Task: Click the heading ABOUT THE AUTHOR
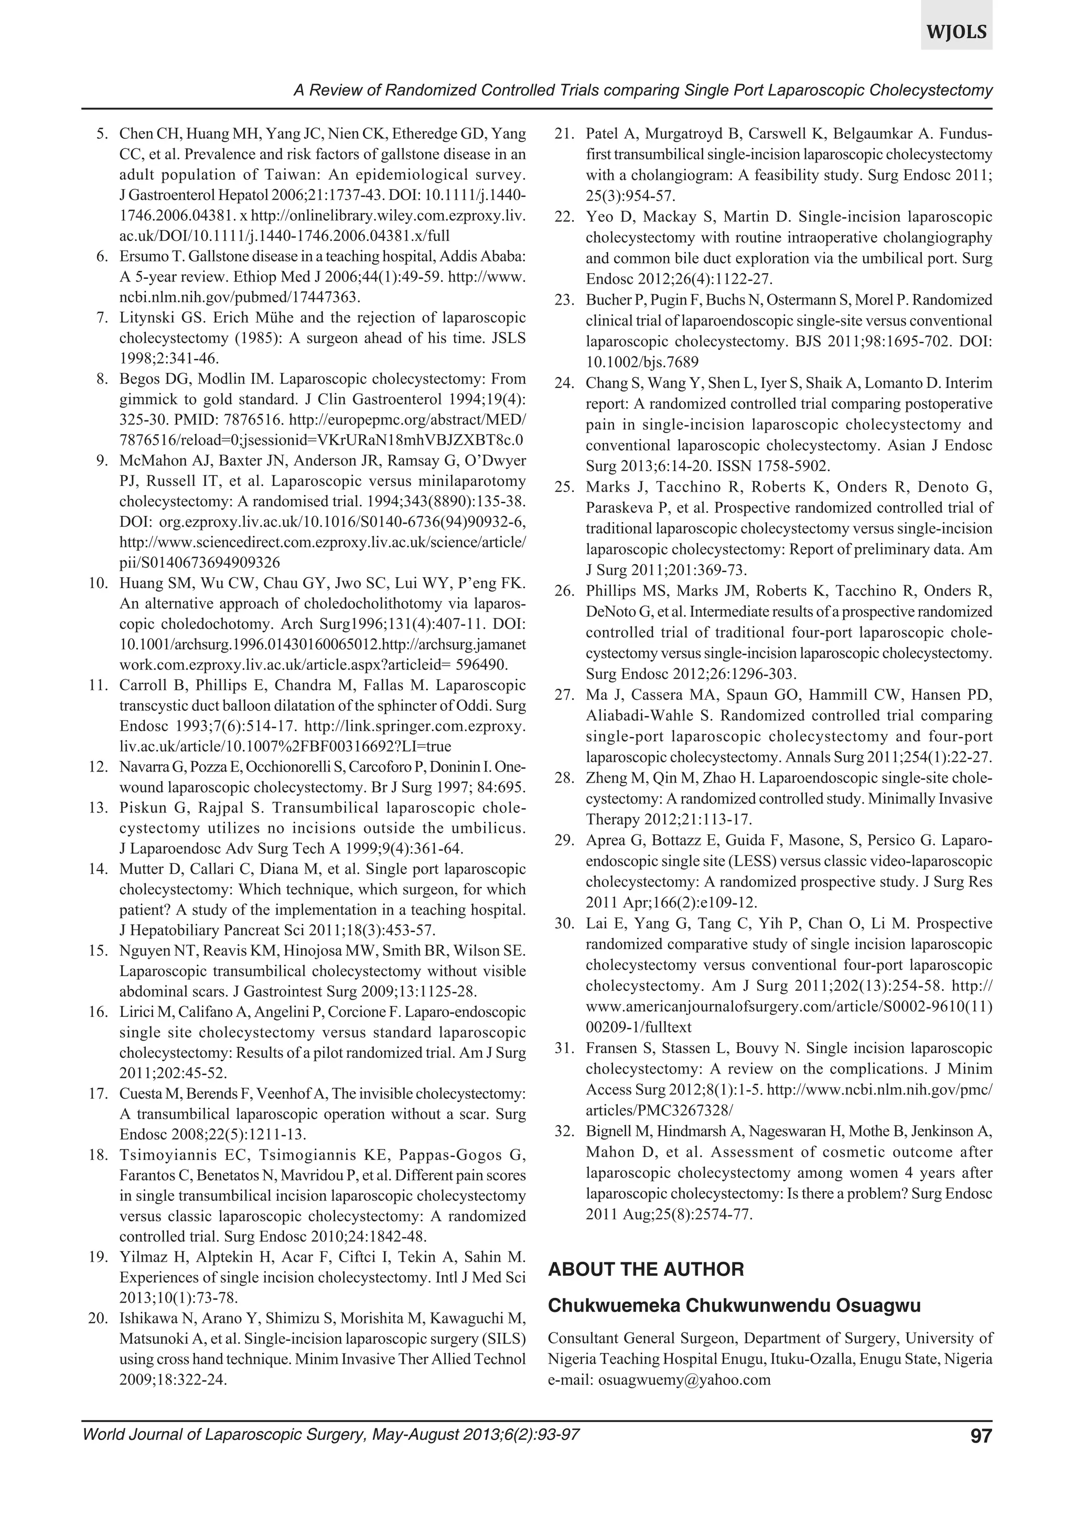646,1270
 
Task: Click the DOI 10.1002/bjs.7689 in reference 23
641,362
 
